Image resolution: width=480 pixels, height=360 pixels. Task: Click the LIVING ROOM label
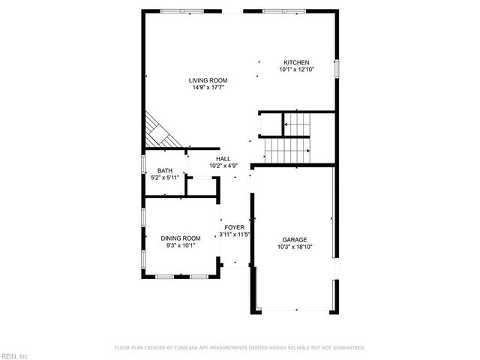coord(208,80)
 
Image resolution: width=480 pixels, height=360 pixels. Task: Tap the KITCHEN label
coord(295,62)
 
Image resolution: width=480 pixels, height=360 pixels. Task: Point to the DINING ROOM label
coord(180,238)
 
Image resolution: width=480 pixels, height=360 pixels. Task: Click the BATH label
coord(165,171)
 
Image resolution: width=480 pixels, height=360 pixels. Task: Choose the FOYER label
coord(234,226)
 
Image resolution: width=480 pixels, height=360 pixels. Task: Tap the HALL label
coord(223,159)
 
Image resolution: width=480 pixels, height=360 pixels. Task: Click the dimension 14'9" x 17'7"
coord(208,88)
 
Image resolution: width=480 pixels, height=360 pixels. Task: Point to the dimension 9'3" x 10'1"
coord(180,245)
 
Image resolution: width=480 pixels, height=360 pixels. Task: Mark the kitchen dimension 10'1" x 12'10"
coord(295,70)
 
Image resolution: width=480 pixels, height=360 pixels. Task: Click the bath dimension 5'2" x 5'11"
coord(165,178)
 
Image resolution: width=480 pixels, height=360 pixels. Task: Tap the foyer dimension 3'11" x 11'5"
coord(234,234)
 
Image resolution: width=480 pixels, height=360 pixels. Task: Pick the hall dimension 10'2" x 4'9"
coord(223,166)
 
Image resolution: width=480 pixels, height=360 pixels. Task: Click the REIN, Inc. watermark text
coord(15,355)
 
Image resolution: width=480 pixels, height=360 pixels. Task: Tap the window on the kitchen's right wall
coord(337,67)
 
